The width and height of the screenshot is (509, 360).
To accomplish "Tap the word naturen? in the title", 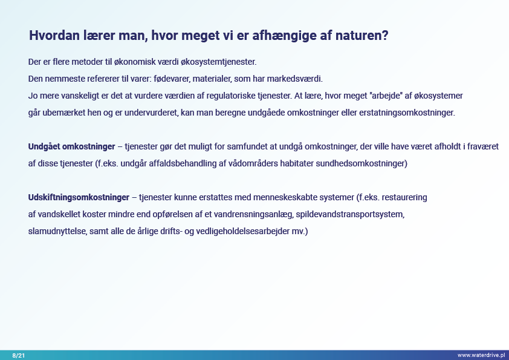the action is (361, 36).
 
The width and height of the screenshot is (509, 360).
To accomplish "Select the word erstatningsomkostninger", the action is (407, 113).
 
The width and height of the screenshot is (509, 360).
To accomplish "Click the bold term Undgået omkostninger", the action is (71, 146).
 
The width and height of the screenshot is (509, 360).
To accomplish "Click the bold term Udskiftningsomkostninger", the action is (79, 197).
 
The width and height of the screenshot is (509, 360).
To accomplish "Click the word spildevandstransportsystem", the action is (350, 214).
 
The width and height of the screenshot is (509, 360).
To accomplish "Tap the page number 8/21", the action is (19, 355).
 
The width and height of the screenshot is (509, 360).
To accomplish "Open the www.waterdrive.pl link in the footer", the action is (481, 355).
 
